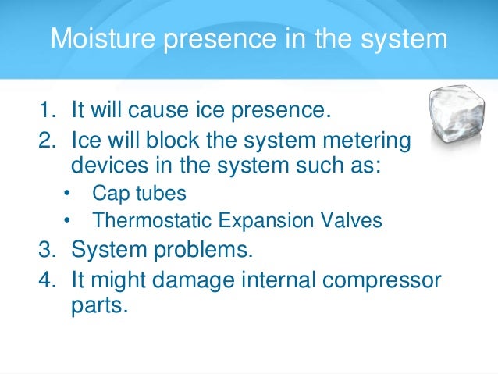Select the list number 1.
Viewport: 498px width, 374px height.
46,110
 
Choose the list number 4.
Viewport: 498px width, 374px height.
46,280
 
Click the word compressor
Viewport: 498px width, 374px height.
387,280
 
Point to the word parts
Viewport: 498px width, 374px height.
98,305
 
